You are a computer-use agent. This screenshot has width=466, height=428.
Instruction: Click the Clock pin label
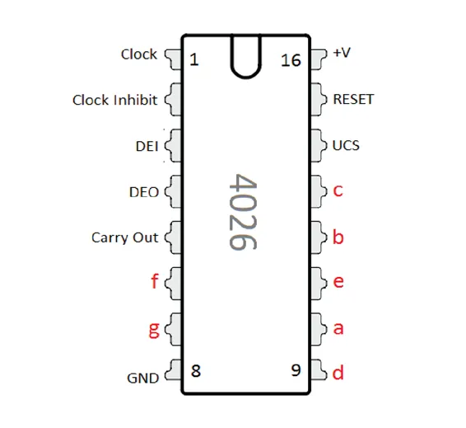tap(139, 54)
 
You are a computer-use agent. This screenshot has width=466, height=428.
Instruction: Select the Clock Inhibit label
tap(114, 100)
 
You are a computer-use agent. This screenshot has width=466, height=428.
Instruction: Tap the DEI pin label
tap(147, 146)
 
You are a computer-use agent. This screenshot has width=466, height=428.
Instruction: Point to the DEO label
tap(144, 192)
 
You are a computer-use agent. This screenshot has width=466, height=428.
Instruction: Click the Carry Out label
tap(125, 238)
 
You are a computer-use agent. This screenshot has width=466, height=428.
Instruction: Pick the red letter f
tap(155, 281)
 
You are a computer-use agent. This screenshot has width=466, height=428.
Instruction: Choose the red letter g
tap(154, 330)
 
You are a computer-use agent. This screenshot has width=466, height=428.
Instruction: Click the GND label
tap(143, 379)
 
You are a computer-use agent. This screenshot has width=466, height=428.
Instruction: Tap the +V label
tap(342, 53)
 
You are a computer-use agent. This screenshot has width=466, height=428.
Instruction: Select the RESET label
tap(353, 100)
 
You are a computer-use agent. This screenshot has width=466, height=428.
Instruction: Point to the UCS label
tap(346, 145)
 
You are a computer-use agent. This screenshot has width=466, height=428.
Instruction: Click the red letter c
tap(338, 190)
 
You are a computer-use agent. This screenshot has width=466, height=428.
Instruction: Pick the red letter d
tap(338, 373)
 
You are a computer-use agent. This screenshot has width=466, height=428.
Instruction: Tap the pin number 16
tap(291, 60)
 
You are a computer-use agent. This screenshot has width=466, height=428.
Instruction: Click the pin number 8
tap(196, 371)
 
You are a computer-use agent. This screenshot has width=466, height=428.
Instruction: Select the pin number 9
tap(296, 370)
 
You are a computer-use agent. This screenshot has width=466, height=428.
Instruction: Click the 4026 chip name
tap(243, 212)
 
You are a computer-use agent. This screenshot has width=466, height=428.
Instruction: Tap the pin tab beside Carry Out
tap(173, 238)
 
